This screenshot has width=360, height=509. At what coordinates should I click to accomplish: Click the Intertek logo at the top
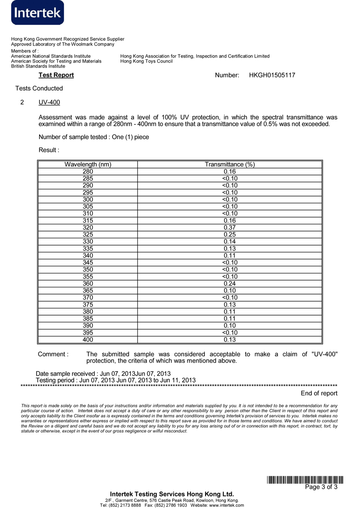click(x=38, y=13)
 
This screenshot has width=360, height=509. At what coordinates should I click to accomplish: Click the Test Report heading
click(x=56, y=75)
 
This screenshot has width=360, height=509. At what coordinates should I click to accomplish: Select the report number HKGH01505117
click(x=272, y=75)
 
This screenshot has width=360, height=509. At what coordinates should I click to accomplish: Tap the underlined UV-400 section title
click(x=49, y=103)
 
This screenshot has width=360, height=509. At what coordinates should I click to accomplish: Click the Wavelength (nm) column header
click(x=88, y=165)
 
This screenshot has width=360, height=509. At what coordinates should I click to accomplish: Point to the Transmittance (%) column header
click(x=230, y=165)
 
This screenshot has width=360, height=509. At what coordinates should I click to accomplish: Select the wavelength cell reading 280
click(x=88, y=171)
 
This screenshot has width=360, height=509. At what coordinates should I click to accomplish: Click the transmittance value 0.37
click(x=230, y=228)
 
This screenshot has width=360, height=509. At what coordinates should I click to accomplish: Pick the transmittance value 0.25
click(x=230, y=235)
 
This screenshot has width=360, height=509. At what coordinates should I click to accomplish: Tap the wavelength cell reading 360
click(x=88, y=284)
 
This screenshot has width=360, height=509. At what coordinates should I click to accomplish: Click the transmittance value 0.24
click(x=230, y=284)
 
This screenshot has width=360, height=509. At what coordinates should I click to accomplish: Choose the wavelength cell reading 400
click(x=88, y=340)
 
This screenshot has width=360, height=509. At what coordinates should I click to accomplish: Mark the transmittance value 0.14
click(x=230, y=241)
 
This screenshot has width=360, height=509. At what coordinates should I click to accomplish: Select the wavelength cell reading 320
click(x=88, y=228)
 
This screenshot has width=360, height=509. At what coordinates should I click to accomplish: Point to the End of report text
click(x=319, y=393)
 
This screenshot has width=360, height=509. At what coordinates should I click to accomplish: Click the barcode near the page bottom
click(x=305, y=480)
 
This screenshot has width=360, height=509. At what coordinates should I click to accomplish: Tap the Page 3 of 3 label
click(x=321, y=487)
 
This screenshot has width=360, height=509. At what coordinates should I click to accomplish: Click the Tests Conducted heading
click(x=39, y=89)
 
